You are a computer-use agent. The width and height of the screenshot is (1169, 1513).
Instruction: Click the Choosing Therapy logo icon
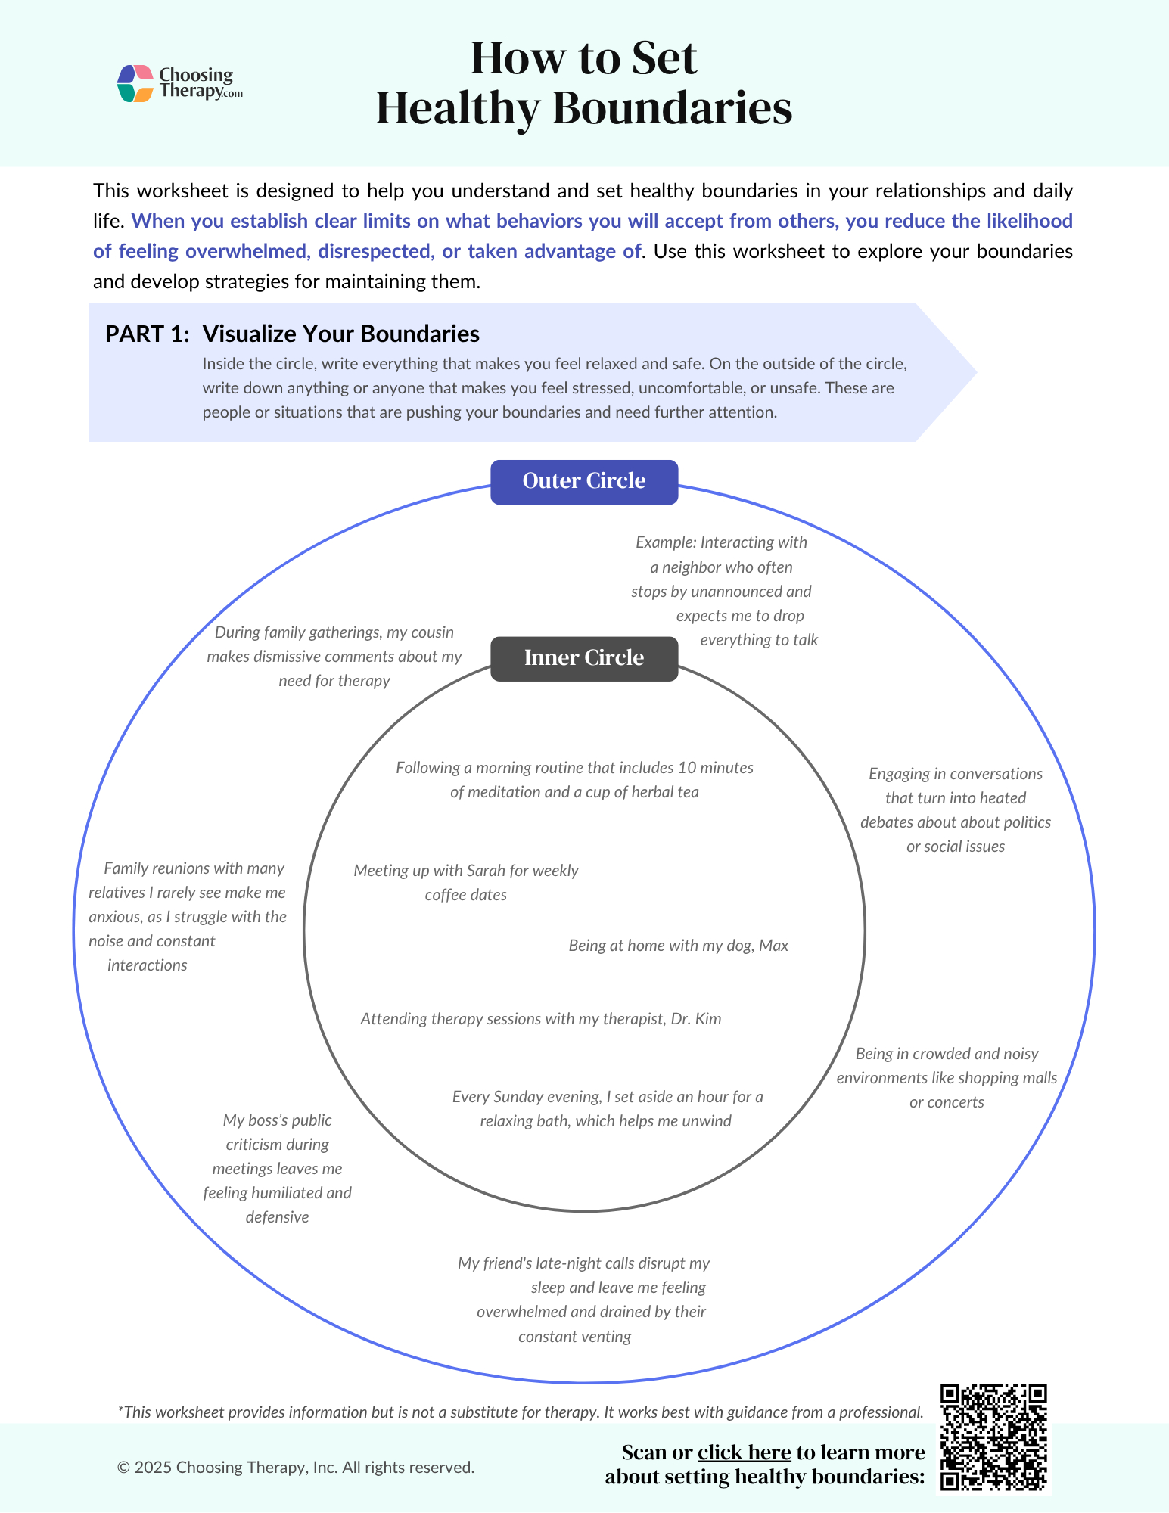(x=136, y=83)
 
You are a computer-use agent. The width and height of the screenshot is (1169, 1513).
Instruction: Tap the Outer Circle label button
(x=584, y=481)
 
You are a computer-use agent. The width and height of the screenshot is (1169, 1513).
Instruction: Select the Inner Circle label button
(x=584, y=658)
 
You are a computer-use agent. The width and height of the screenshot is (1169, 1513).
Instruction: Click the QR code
(x=993, y=1437)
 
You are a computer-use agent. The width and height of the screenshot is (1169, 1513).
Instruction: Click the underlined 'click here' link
(x=744, y=1452)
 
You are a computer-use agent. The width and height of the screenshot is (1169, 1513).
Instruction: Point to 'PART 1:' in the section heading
(x=147, y=334)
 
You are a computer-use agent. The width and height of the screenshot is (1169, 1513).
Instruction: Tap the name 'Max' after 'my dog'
(x=773, y=946)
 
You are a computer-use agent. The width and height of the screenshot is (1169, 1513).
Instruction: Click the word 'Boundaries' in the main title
(x=672, y=108)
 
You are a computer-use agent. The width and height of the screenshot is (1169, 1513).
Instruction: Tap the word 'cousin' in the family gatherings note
(x=432, y=632)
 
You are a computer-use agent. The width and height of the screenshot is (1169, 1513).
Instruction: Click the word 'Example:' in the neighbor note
(x=665, y=542)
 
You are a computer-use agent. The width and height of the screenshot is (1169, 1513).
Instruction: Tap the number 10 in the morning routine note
(x=686, y=768)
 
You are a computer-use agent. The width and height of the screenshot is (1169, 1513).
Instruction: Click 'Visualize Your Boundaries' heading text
(x=340, y=334)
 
